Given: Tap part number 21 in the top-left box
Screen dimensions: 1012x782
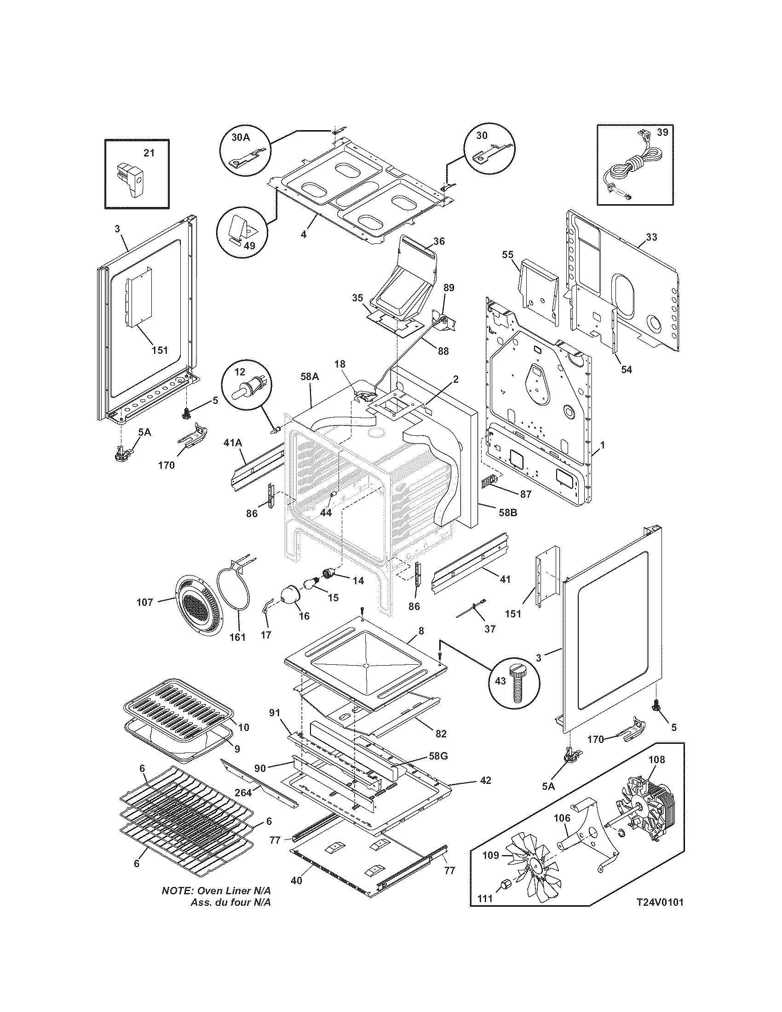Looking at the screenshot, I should coord(149,153).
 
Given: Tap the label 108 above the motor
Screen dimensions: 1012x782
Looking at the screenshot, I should coord(656,759).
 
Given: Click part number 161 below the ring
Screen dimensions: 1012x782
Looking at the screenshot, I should coord(238,637).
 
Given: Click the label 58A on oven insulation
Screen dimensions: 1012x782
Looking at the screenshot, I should coord(310,377).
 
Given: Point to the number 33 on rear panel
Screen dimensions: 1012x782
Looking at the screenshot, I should coord(651,237).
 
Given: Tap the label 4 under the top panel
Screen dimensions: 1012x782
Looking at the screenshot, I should coord(303,234).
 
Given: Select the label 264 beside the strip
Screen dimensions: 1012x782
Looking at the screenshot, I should coord(243,793).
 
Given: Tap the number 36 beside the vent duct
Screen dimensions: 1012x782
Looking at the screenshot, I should coord(439,241).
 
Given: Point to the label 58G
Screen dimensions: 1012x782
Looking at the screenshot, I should coord(438,757).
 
